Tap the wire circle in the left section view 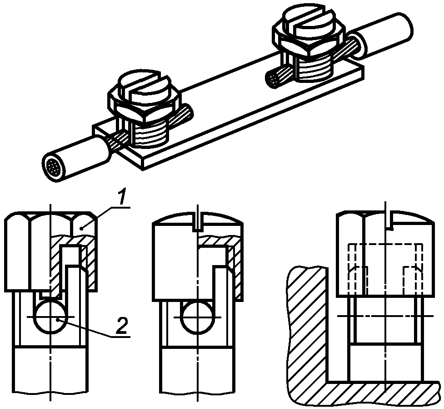pos(51,317)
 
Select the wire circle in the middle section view pos(198,317)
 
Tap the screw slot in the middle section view pos(198,222)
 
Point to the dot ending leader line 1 pos(81,228)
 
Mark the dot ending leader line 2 pos(57,320)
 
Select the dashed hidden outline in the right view pos(385,269)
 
